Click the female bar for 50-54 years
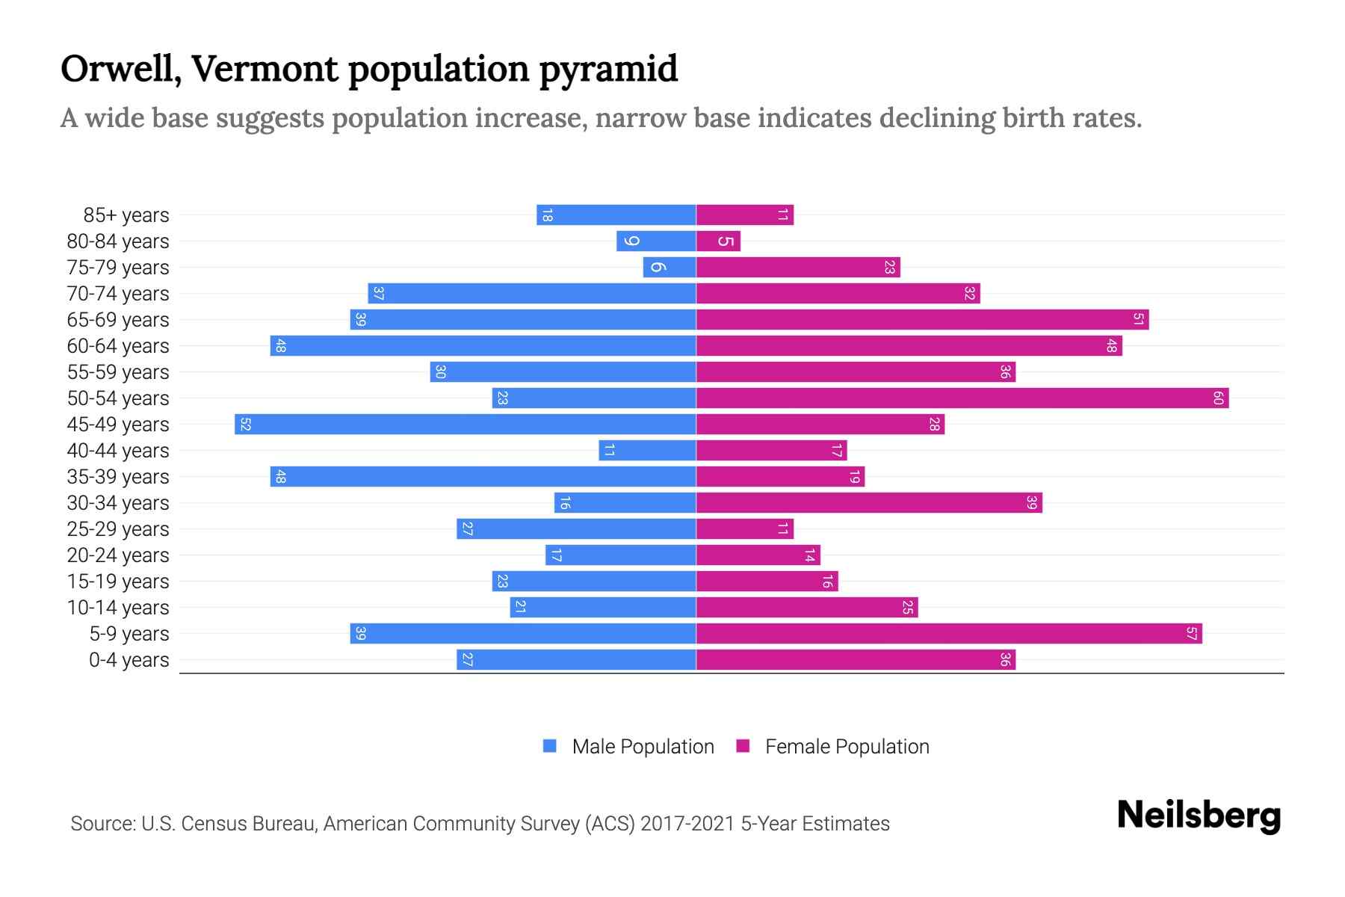pos(962,398)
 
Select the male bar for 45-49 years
pos(465,425)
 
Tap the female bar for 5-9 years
pos(949,634)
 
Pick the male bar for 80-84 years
pos(656,241)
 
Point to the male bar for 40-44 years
pos(647,451)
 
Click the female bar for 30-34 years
pos(869,503)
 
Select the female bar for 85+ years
pos(745,215)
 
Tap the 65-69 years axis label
pos(118,320)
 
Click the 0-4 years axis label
pos(129,660)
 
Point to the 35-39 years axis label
pos(118,477)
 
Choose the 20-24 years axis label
pos(118,555)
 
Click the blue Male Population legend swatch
pos(550,746)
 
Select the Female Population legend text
pos(847,747)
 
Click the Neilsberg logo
pos(1199,816)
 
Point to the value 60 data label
pos(1217,398)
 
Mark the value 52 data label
pos(245,425)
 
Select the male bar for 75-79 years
pos(670,268)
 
